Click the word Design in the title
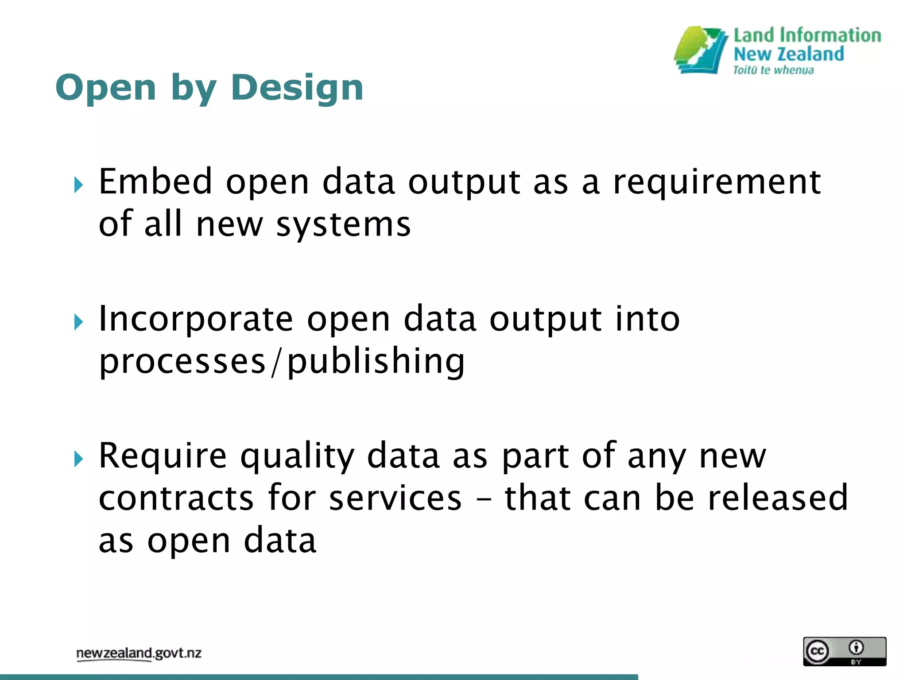click(297, 88)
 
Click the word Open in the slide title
click(105, 88)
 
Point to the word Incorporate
click(195, 320)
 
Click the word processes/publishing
click(282, 362)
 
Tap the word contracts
click(176, 498)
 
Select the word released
click(777, 498)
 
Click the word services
click(395, 498)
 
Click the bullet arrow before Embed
click(79, 185)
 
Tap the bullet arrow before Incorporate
click(79, 322)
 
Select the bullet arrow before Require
click(79, 459)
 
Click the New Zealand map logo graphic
click(701, 50)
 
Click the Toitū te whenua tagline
click(773, 70)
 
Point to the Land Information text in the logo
click(807, 35)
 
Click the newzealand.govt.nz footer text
click(139, 653)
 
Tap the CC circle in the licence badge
click(817, 651)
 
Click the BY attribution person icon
click(856, 648)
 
